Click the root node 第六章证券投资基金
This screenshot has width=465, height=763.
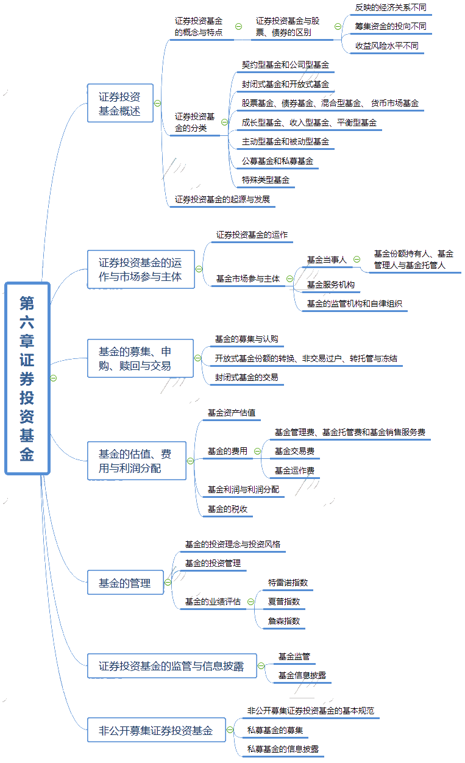click(27, 378)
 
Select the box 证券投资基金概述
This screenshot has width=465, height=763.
click(120, 103)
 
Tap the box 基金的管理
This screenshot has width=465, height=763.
click(125, 583)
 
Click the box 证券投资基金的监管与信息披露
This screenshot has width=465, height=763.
click(171, 666)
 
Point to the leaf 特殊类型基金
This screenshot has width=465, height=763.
click(265, 180)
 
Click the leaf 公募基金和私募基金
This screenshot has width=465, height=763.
click(277, 161)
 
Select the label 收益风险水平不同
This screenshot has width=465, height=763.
click(387, 46)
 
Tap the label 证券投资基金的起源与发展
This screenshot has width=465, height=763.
click(222, 199)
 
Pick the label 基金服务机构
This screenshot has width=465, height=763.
click(330, 285)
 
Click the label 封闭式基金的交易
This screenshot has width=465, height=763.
click(246, 378)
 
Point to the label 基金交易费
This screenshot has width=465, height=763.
click(294, 452)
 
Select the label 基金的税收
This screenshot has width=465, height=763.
click(227, 509)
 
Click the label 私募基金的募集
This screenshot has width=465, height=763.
click(275, 730)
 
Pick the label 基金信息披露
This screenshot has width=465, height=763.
click(302, 675)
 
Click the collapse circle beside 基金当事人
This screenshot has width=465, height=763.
click(357, 260)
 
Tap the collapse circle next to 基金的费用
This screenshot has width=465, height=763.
click(257, 452)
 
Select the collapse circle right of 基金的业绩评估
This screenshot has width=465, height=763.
click(250, 602)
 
